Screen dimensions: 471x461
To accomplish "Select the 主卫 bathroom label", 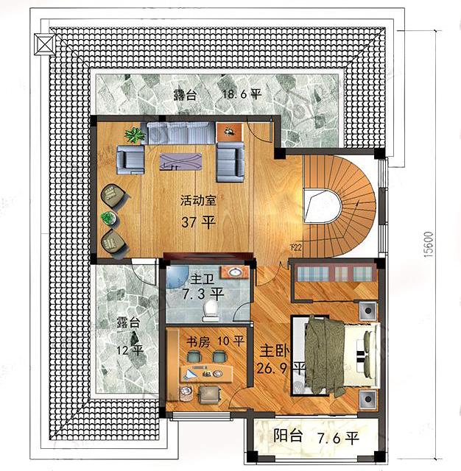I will [x=200, y=280].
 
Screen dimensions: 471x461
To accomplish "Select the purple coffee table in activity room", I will [x=180, y=159].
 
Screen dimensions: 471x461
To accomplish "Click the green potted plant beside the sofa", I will [x=135, y=135].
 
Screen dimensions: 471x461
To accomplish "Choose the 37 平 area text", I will [x=198, y=222].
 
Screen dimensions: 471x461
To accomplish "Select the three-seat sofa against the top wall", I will [x=180, y=132].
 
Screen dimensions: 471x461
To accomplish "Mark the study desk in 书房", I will [x=206, y=372].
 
